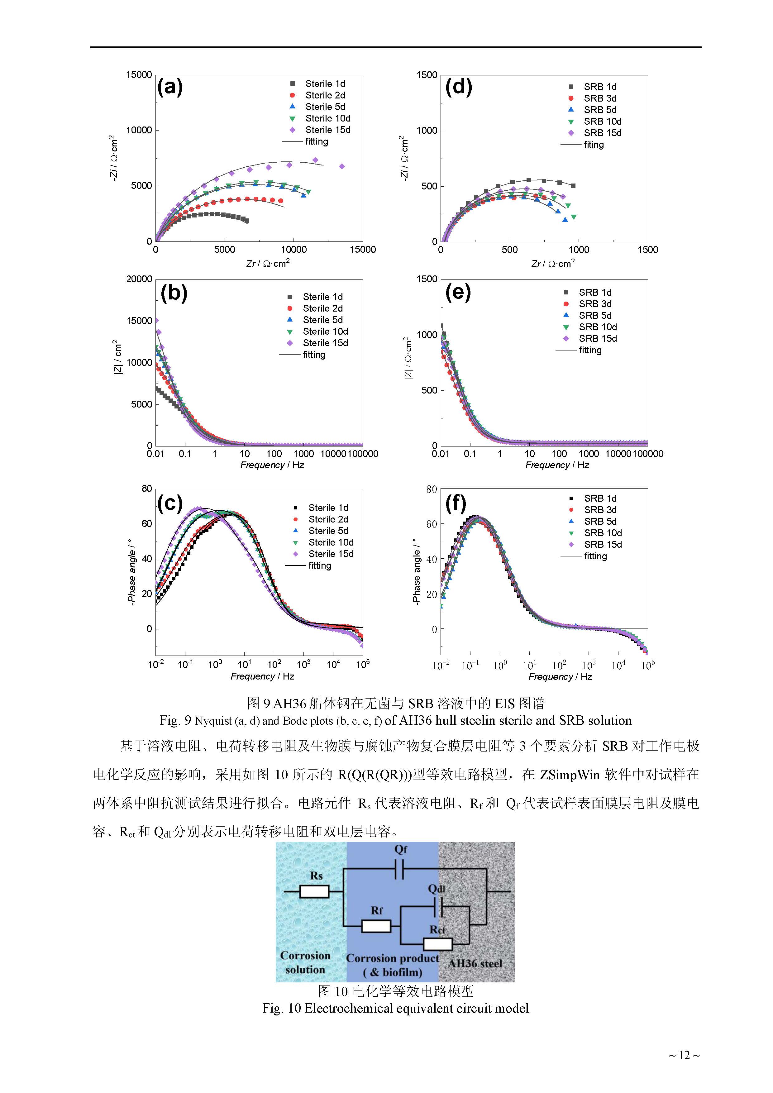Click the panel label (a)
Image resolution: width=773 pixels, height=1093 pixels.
click(170, 87)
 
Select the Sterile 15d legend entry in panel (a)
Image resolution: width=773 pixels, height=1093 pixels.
click(327, 130)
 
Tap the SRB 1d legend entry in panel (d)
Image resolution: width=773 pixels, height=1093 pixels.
click(600, 87)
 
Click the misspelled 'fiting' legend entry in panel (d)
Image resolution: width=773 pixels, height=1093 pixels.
click(594, 145)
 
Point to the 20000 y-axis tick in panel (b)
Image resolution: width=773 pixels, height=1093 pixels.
click(139, 279)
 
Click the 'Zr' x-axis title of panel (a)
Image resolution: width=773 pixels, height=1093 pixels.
click(268, 263)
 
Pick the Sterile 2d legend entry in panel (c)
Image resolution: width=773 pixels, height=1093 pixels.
click(328, 519)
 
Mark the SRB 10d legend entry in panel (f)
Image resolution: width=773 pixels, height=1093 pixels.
click(603, 533)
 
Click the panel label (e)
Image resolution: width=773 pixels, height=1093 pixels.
click(458, 292)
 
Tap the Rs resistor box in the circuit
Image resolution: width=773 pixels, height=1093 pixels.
click(314, 892)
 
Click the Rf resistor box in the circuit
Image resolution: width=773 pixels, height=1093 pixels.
click(376, 926)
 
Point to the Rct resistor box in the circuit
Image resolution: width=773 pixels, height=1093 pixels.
click(437, 944)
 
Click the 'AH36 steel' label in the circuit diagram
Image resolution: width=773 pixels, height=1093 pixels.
click(475, 963)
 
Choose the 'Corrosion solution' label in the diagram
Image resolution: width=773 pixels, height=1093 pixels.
click(305, 962)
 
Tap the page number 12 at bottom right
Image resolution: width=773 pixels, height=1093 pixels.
click(684, 1055)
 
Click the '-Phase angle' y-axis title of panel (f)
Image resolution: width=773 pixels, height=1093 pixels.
click(416, 571)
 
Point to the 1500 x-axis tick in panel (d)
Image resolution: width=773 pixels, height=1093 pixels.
click(647, 250)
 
